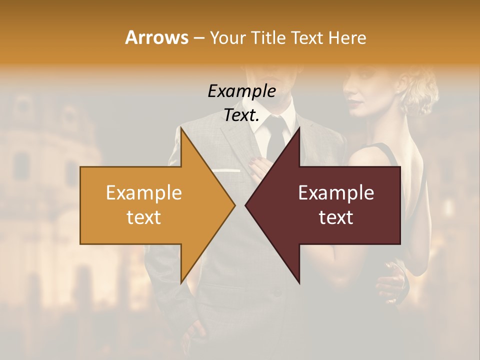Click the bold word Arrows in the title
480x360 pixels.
tap(157, 37)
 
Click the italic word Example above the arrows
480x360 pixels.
tap(241, 91)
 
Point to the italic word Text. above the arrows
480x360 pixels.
tap(241, 115)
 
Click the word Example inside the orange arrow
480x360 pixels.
tap(144, 193)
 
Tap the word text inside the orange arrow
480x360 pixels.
tap(144, 217)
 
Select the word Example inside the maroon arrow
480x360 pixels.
tap(336, 193)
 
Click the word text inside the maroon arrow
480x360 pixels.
tap(336, 217)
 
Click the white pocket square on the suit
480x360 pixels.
tap(226, 171)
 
